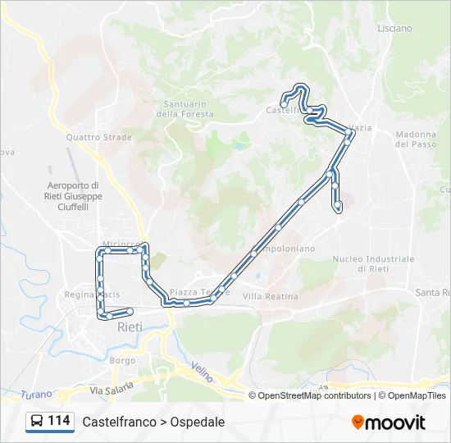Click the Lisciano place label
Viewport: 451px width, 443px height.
click(x=395, y=28)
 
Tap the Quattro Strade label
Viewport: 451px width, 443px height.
click(x=98, y=137)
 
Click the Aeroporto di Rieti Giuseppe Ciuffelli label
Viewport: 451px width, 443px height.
click(x=74, y=196)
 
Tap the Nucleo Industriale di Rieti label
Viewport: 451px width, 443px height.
click(x=373, y=263)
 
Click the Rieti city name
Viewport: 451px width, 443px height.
click(x=130, y=327)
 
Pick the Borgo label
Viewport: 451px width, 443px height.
click(x=123, y=360)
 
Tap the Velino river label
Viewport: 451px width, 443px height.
click(x=203, y=372)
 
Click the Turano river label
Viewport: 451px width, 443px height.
click(x=36, y=394)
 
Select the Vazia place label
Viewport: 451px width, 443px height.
click(x=361, y=129)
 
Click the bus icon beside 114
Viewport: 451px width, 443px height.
click(x=37, y=422)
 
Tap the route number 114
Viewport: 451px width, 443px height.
click(x=59, y=421)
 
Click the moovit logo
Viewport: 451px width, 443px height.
click(x=389, y=422)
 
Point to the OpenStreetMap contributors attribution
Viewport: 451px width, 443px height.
click(x=315, y=395)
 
